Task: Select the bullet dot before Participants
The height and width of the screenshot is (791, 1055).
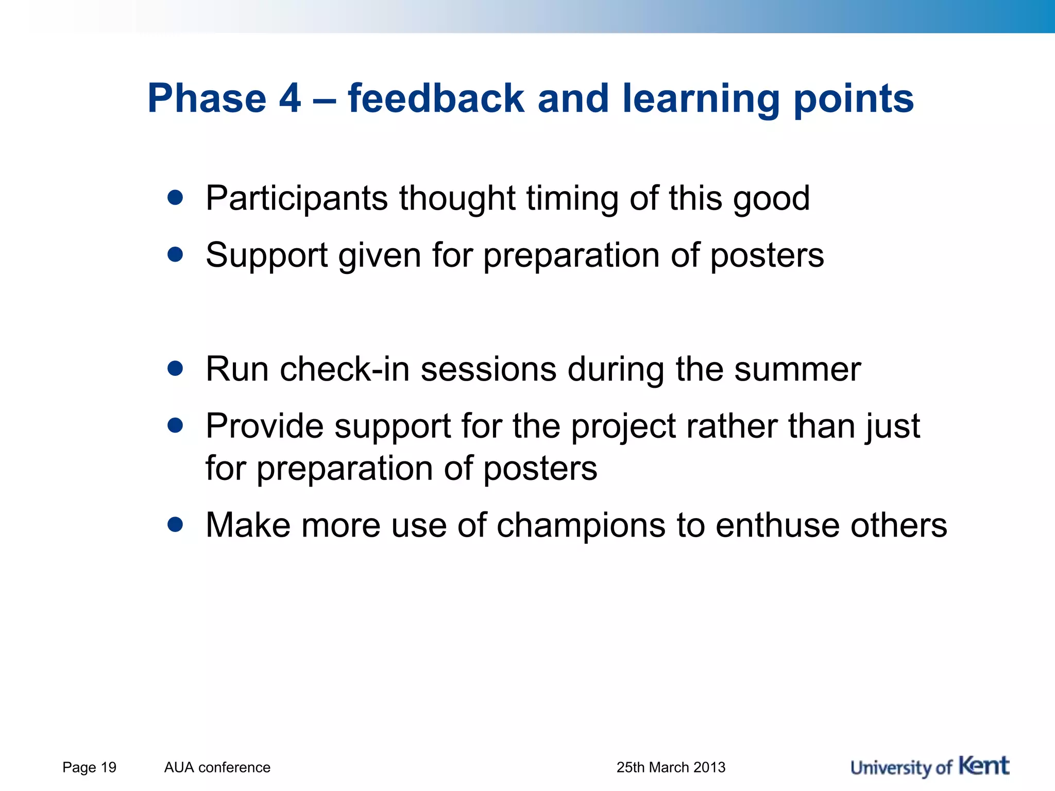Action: [175, 197]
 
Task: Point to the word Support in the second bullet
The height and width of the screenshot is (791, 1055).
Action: [266, 255]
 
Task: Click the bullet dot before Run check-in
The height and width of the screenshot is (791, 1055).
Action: [175, 368]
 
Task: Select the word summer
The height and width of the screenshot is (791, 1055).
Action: [797, 369]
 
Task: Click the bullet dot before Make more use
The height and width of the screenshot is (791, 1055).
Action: [175, 524]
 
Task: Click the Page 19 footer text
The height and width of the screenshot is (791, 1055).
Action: [89, 767]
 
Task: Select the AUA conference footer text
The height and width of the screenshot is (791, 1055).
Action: [217, 767]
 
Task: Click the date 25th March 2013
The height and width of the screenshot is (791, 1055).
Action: [671, 767]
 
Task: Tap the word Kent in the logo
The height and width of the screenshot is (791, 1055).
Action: [984, 766]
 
